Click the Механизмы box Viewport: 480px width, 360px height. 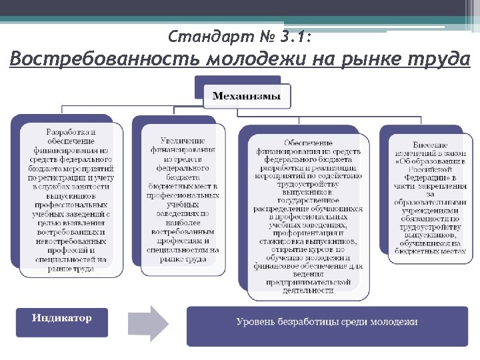[x=247, y=97]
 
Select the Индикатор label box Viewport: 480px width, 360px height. [x=61, y=318]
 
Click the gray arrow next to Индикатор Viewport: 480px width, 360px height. [x=150, y=323]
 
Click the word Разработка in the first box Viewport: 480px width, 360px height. [x=70, y=132]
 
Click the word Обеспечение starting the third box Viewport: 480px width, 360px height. [x=308, y=143]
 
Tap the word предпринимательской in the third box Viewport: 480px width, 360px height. [x=307, y=282]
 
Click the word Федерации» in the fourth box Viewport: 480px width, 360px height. [x=430, y=179]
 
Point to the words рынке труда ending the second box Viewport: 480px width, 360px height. [x=183, y=259]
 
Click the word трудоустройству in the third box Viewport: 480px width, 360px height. [x=308, y=185]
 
